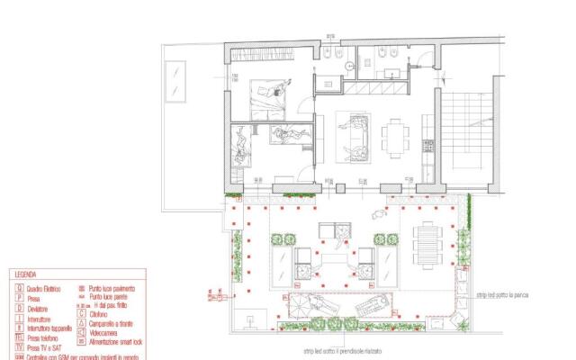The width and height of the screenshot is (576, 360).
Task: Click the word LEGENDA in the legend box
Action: click(x=24, y=276)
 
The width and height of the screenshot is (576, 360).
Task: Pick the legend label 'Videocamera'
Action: click(x=107, y=332)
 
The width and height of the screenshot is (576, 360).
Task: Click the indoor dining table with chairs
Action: click(x=397, y=138)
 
